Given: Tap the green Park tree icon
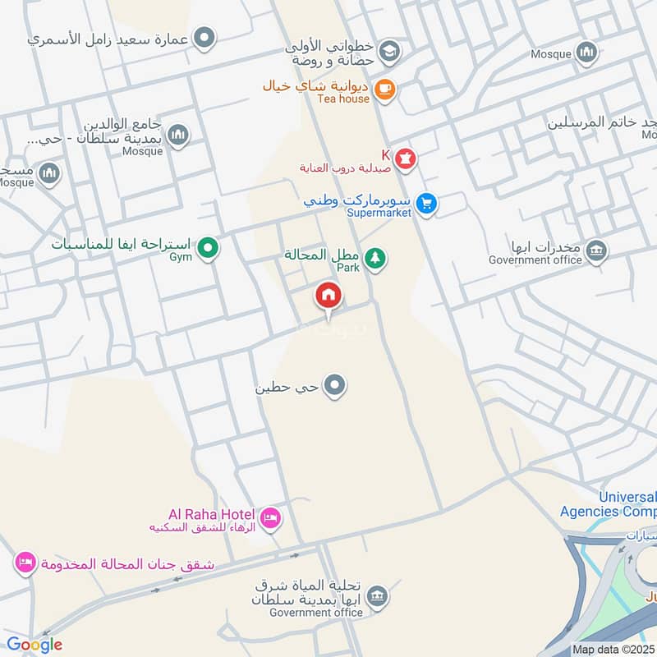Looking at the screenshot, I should coord(375,259).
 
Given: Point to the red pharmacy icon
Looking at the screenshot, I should coord(406,159).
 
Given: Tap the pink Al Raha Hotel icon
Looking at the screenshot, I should coord(270,518).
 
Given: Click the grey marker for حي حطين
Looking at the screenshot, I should coord(334,384).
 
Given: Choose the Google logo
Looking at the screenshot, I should coord(34,645).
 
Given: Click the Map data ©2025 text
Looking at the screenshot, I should coord(613,649).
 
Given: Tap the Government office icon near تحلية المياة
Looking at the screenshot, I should coord(377,595).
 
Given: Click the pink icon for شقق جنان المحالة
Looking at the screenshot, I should coord(24,563).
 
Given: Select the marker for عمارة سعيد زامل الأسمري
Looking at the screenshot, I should coord(204,38).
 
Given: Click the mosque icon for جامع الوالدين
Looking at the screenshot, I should coord(178,135).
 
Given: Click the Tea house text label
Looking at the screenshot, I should coord(343,99).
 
